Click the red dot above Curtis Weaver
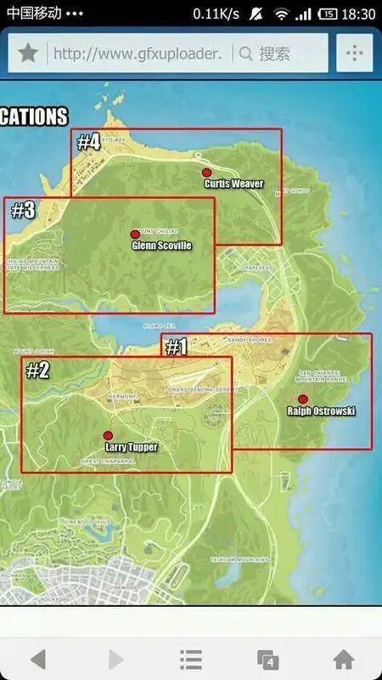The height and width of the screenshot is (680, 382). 206,173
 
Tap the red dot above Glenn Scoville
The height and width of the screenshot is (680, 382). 134,235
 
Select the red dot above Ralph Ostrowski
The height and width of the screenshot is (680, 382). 303,399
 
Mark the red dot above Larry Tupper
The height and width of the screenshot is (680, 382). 108,435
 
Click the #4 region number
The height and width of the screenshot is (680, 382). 88,142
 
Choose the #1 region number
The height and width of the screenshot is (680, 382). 176,347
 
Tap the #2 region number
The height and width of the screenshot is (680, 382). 37,370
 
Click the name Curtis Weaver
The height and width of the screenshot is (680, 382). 233,184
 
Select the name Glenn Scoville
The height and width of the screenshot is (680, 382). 161,246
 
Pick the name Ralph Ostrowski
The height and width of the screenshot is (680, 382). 322,411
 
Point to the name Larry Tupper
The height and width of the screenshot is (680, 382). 131,447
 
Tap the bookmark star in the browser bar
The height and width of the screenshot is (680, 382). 28,54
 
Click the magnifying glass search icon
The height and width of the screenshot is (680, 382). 245,54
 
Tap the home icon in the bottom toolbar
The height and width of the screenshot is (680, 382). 343,659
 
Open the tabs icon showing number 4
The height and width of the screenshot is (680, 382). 267,659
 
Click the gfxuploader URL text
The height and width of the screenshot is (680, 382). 138,54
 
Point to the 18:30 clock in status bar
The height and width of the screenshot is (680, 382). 360,14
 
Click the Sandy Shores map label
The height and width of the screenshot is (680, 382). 248,340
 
